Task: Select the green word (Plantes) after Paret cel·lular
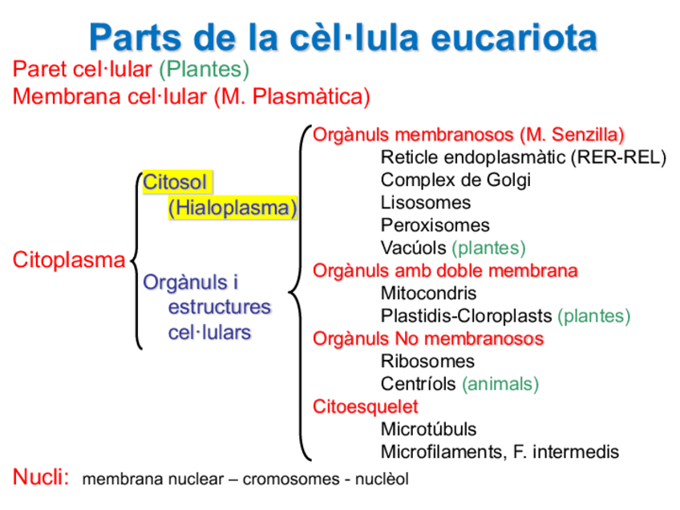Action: [x=204, y=70]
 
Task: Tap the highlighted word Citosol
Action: [x=175, y=182]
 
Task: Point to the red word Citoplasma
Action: [x=69, y=260]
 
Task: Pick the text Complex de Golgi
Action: [x=455, y=180]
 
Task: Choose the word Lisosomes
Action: [x=425, y=203]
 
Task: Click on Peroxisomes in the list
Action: [x=435, y=225]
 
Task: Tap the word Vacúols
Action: [x=413, y=248]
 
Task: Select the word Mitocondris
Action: [x=428, y=293]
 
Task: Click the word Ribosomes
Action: [x=427, y=361]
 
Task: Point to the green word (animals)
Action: [x=500, y=384]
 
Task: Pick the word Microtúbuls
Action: [x=428, y=429]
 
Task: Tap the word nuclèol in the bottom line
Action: [x=380, y=480]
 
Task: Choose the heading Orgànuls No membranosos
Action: [x=428, y=338]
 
